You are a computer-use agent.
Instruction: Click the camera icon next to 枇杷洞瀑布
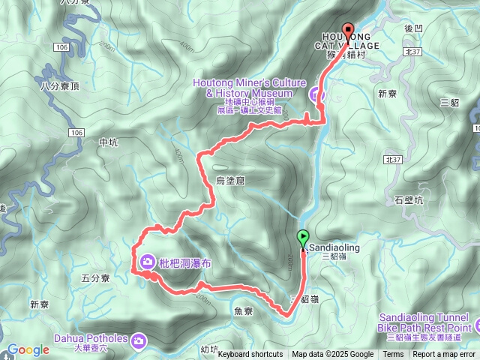(146, 262)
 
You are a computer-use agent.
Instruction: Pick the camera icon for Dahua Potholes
(139, 341)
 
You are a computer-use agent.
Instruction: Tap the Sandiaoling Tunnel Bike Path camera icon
(464, 327)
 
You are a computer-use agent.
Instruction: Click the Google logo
(28, 349)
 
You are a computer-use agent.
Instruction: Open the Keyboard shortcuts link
(250, 355)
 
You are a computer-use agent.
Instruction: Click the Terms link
(393, 355)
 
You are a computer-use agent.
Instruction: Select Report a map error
(444, 355)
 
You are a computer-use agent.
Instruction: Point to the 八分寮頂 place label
(60, 88)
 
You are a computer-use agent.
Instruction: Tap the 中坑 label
(108, 142)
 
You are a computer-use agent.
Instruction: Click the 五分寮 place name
(95, 278)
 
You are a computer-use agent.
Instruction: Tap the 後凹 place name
(415, 28)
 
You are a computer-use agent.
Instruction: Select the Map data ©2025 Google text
(332, 355)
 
